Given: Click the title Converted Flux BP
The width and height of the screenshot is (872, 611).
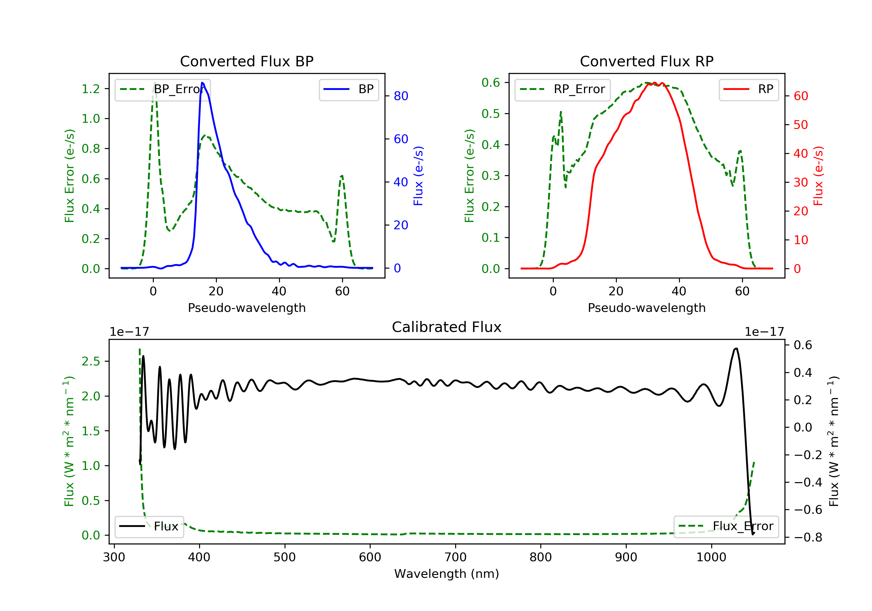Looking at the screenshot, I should tap(246, 61).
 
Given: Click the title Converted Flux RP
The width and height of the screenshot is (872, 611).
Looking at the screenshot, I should tap(646, 61).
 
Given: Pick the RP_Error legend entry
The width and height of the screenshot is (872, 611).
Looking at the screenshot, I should tap(562, 89).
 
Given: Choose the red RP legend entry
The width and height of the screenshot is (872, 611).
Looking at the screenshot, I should tap(748, 89).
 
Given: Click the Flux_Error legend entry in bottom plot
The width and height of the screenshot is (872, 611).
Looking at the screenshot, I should tap(726, 526).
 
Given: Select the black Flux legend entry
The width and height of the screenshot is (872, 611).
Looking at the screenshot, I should tap(149, 526).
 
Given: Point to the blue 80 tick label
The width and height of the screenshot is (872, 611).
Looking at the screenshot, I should tap(401, 96).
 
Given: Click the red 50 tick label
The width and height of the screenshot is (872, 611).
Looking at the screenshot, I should tap(800, 125).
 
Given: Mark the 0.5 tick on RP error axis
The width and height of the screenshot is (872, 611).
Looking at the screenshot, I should tap(491, 114).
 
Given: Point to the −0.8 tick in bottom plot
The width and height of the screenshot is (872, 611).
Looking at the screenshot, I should tap(808, 537).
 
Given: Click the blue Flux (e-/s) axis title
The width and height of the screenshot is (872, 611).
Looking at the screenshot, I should tap(418, 176).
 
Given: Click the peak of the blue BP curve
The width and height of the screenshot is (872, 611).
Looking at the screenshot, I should tap(202, 83).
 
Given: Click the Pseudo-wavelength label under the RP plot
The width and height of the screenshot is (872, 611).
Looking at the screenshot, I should tap(646, 308).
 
